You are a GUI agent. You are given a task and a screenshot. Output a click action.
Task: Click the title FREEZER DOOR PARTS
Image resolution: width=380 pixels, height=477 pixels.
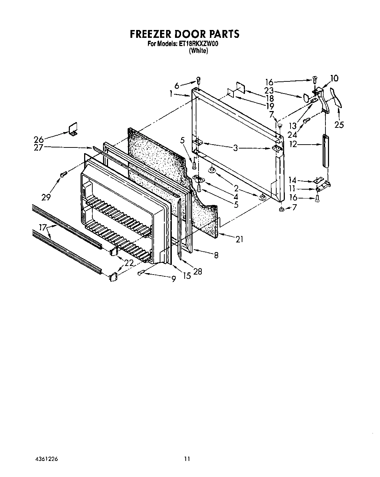(x=184, y=34)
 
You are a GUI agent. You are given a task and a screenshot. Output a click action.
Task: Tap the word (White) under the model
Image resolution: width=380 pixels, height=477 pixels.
(x=199, y=51)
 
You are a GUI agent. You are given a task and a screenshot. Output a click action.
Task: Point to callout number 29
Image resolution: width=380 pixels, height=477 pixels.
(x=46, y=197)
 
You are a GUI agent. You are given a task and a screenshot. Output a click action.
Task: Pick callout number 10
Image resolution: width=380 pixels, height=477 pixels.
(x=334, y=78)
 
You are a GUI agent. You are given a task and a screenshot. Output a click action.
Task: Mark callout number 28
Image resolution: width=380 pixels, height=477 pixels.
(x=197, y=272)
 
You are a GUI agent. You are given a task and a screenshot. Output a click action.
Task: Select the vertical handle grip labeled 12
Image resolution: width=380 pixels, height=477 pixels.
(x=325, y=150)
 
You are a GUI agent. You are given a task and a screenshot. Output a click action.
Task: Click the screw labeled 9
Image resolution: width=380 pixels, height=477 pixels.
(x=141, y=273)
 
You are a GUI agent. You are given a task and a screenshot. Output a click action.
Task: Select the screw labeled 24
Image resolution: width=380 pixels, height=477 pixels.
(x=305, y=121)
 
